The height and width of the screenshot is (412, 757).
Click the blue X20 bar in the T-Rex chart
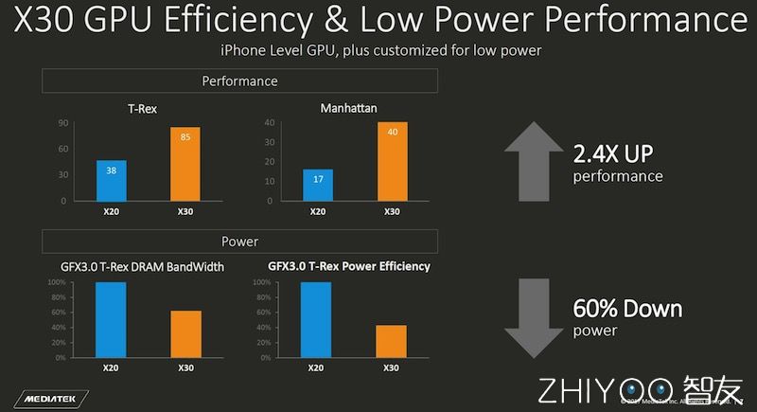111,180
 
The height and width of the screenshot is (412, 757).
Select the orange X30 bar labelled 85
185,164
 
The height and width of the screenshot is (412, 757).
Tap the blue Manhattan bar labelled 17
318,185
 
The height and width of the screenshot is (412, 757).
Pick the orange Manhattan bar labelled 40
392,161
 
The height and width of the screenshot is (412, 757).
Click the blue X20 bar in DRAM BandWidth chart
111,320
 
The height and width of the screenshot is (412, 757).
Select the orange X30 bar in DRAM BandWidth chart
185,334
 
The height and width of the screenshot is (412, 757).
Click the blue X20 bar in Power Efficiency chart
317,320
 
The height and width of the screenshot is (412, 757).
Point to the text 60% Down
627,310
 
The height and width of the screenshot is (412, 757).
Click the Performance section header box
240,81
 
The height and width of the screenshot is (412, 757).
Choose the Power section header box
240,242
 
